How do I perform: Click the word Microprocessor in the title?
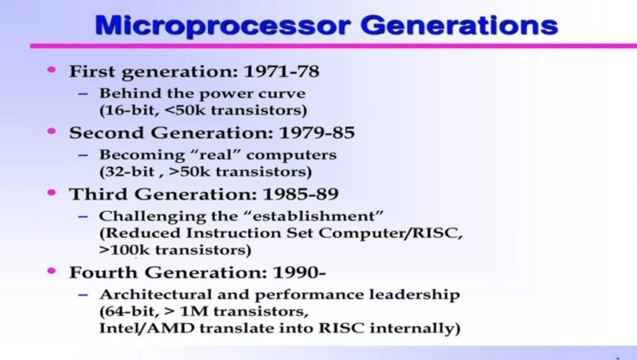tap(223, 25)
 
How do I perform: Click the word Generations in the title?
tap(459, 25)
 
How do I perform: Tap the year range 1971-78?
tap(281, 72)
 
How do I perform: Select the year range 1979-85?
tap(317, 132)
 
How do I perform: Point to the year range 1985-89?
tap(300, 194)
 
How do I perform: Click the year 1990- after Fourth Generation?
tap(299, 272)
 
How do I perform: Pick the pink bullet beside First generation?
tap(52, 70)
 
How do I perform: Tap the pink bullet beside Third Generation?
tap(52, 192)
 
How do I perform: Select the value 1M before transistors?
tap(194, 312)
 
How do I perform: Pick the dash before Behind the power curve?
tap(83, 94)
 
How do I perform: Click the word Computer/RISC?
tap(391, 233)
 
